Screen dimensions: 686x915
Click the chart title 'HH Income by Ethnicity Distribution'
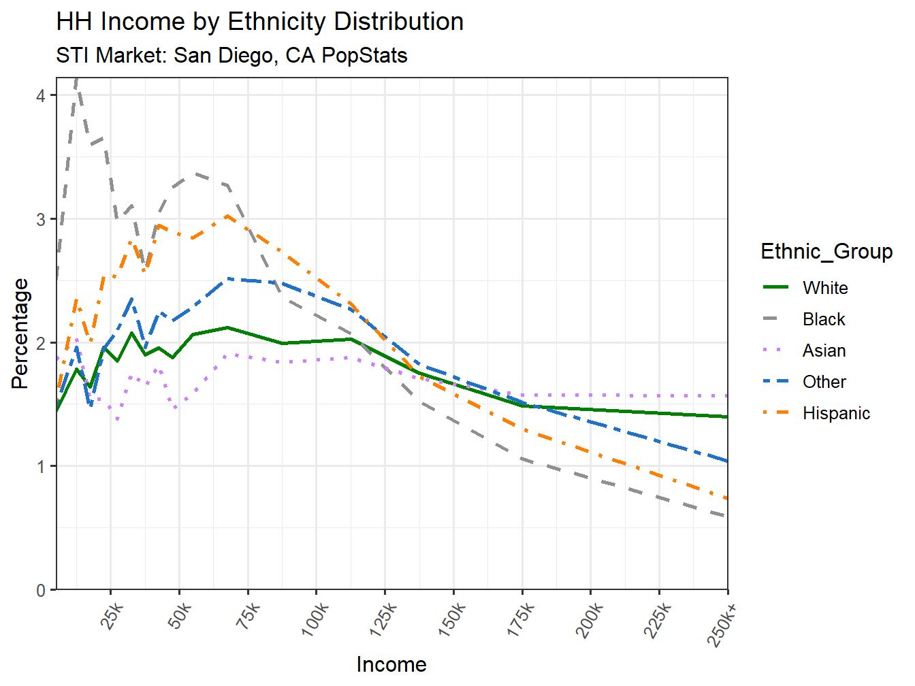259,22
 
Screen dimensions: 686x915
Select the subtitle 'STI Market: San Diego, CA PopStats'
231,55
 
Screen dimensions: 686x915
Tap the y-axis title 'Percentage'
20,333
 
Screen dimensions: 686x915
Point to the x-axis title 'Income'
391,664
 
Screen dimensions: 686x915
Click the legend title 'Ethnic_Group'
826,251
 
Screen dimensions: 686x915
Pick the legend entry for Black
824,319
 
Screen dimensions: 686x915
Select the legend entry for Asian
824,350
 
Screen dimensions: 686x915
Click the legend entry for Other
824,382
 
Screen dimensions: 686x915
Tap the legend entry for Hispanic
836,413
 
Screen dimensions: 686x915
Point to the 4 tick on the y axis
41,96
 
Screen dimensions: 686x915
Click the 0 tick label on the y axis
41,590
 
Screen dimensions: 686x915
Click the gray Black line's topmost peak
77,80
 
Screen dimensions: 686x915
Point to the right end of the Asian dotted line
727,395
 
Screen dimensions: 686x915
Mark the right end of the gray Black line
727,517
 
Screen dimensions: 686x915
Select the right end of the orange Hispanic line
727,499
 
